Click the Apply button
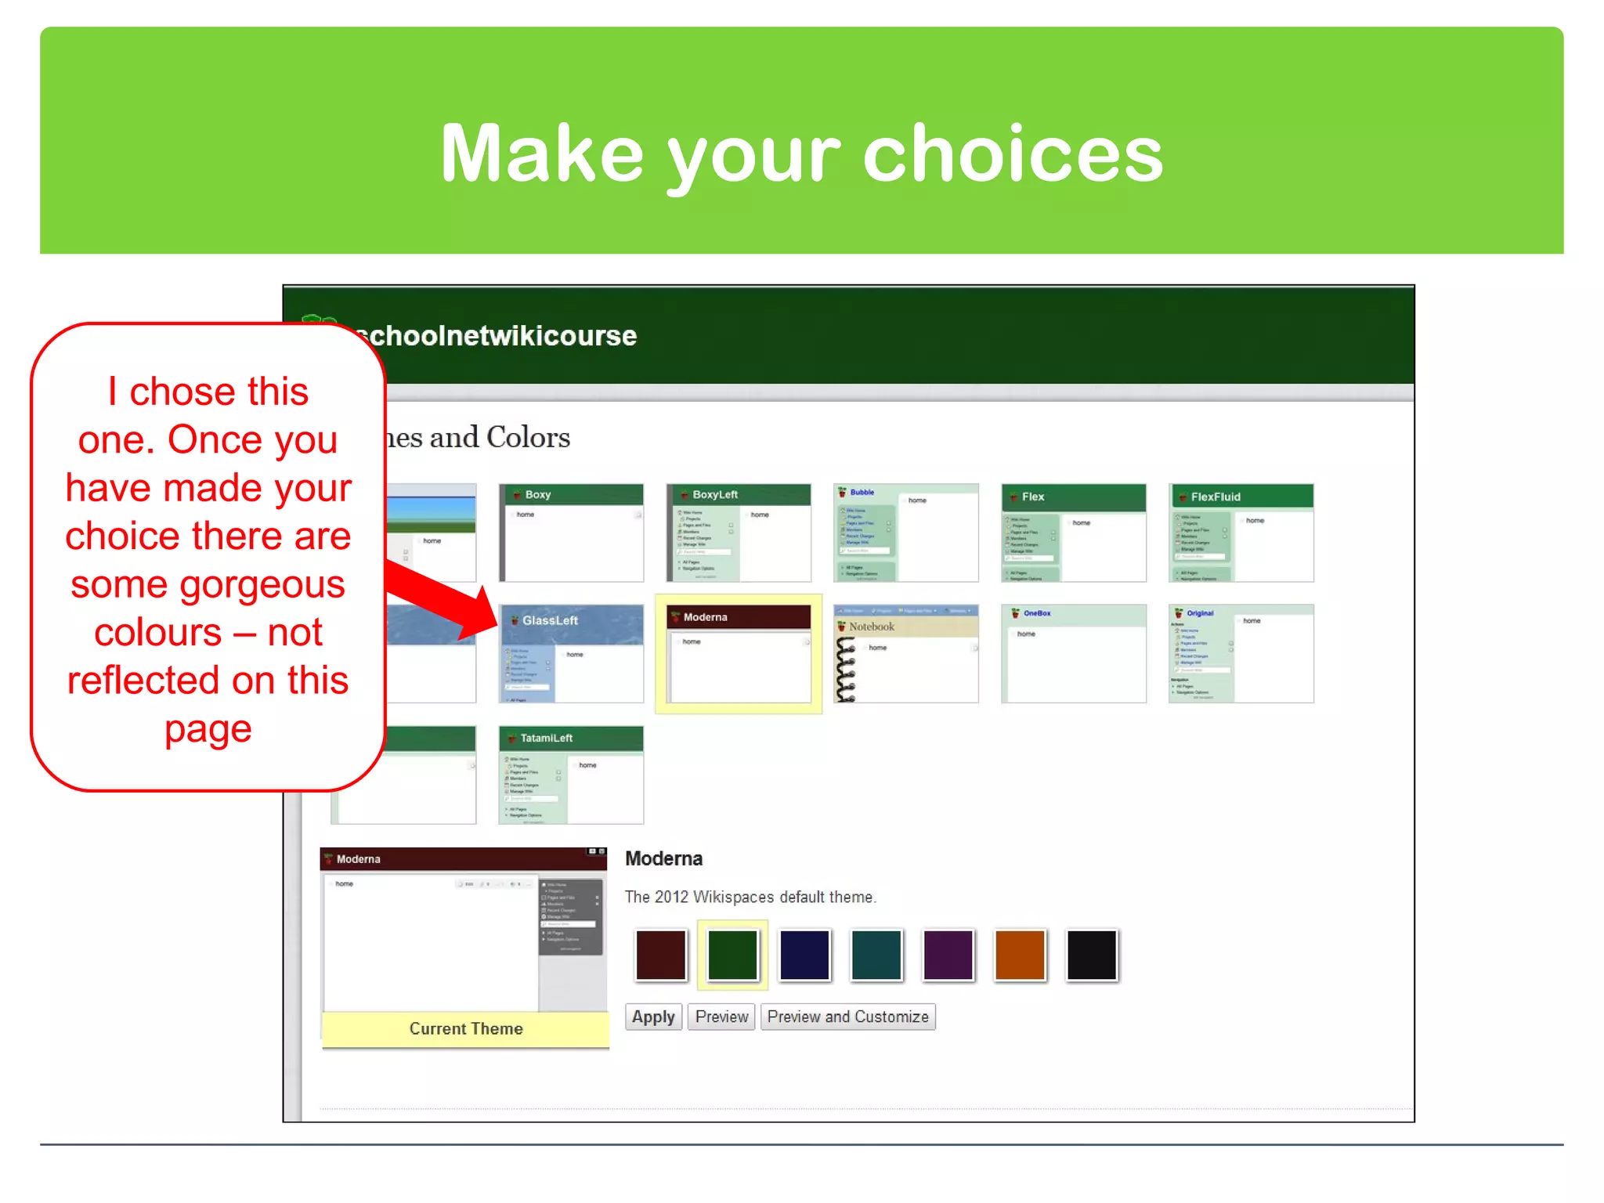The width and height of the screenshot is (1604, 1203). (x=653, y=1017)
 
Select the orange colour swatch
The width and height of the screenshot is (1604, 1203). (x=1019, y=954)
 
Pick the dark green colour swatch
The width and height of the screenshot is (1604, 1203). (x=732, y=954)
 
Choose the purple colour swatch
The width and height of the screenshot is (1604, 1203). (x=948, y=954)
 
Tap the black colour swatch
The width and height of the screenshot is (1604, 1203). (x=1091, y=954)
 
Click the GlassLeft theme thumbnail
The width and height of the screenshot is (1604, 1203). (x=571, y=653)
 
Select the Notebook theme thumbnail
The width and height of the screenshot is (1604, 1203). (x=905, y=653)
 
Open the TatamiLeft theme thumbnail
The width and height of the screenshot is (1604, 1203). (x=571, y=775)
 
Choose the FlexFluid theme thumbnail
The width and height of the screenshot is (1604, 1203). (x=1241, y=533)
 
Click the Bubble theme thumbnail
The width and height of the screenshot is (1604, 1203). (x=905, y=533)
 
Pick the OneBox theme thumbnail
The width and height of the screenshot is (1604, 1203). (x=1073, y=653)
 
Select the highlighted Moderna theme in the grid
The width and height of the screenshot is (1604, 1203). (x=739, y=653)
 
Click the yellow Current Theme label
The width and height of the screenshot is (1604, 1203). (x=465, y=1028)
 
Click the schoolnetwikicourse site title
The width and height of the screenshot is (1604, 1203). (x=501, y=336)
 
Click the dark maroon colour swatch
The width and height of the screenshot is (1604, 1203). (x=660, y=954)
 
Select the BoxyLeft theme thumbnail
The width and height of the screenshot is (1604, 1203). (x=739, y=533)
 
